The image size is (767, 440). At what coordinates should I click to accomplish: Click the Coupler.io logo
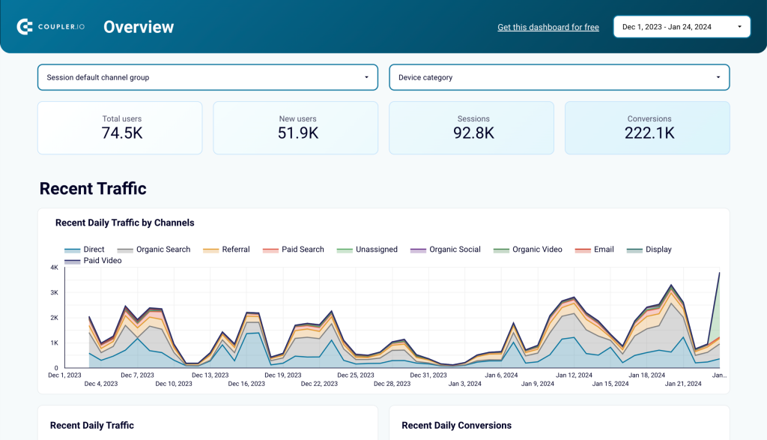tap(50, 27)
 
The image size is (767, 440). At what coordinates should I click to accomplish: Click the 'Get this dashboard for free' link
tap(548, 27)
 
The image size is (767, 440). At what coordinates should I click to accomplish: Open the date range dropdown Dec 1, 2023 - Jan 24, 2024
tap(681, 27)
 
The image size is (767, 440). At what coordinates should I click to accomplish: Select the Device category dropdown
tap(559, 77)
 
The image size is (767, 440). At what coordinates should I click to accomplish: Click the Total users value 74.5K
tap(121, 133)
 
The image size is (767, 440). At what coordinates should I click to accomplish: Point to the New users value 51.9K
tap(297, 133)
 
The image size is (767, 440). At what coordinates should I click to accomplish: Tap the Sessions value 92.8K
tap(473, 133)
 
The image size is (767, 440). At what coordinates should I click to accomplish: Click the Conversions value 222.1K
tap(649, 133)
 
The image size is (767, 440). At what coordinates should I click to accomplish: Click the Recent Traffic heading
tap(93, 188)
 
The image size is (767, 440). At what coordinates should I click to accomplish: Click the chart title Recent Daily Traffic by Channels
tap(124, 223)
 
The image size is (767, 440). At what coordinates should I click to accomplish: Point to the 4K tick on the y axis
tap(54, 268)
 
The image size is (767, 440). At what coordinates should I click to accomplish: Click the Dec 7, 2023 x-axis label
tap(137, 375)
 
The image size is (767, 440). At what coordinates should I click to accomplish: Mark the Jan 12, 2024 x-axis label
tap(575, 375)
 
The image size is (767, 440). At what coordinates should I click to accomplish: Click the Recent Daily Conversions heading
tap(456, 425)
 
